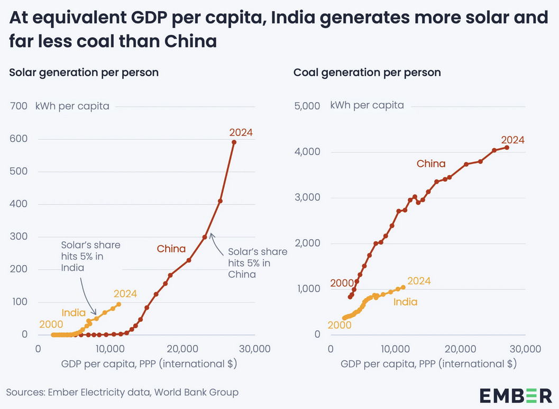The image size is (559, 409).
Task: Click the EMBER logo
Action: point(516,395)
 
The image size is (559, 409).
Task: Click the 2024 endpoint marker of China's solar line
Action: point(234,142)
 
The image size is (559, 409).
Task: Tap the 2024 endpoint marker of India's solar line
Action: point(118,304)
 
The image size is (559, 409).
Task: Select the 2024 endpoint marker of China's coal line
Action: point(507,148)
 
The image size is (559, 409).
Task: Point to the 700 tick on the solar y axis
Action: point(19,106)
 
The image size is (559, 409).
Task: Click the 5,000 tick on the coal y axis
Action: point(307,106)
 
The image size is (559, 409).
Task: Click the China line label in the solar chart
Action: point(171,249)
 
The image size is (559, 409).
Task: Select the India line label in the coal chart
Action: point(405,302)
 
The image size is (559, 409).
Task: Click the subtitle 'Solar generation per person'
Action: point(84,72)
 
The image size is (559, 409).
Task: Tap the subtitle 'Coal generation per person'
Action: point(367,72)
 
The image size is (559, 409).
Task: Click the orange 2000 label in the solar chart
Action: point(51,324)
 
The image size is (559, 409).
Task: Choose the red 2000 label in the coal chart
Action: point(342,283)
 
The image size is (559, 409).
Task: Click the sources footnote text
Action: point(122,392)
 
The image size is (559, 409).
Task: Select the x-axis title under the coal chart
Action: point(428,364)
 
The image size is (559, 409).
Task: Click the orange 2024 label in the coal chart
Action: point(419,281)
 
